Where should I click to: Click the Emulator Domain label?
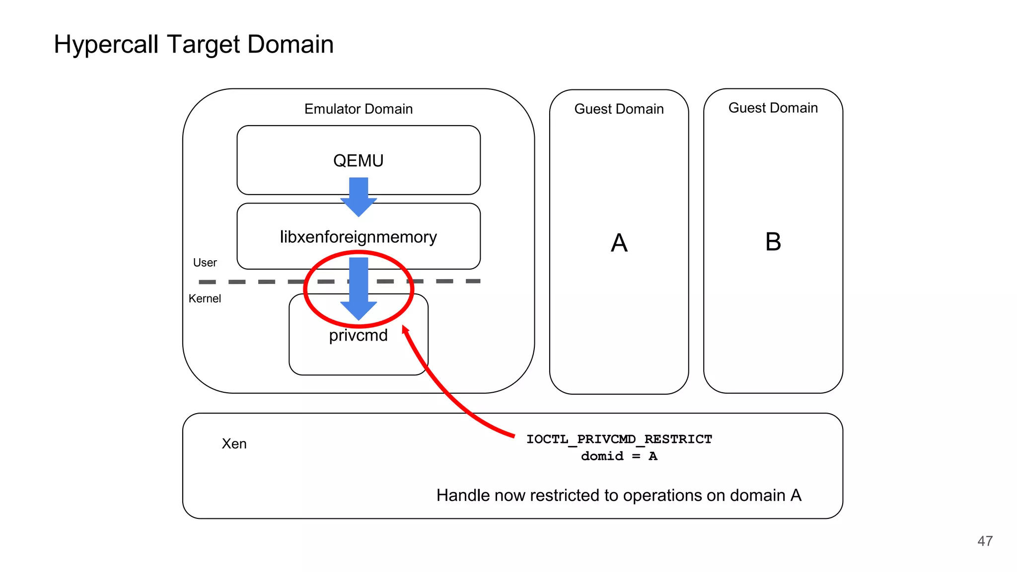(x=358, y=109)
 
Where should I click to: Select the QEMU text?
(x=358, y=160)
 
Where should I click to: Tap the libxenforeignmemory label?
(x=358, y=237)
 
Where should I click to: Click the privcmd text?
(x=358, y=335)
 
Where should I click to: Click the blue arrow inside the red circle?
(x=359, y=288)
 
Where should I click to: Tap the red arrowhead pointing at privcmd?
(x=405, y=330)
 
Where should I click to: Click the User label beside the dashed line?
(x=205, y=263)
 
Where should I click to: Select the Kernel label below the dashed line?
(x=205, y=298)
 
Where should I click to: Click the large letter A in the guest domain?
(x=619, y=243)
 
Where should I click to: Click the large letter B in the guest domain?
(x=773, y=242)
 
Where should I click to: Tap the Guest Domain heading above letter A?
(x=619, y=109)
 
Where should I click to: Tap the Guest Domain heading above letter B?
(x=773, y=108)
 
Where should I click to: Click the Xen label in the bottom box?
(x=234, y=443)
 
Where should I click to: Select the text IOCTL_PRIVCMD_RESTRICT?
(x=619, y=439)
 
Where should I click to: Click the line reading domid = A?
(x=619, y=456)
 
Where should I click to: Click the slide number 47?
(x=985, y=541)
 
